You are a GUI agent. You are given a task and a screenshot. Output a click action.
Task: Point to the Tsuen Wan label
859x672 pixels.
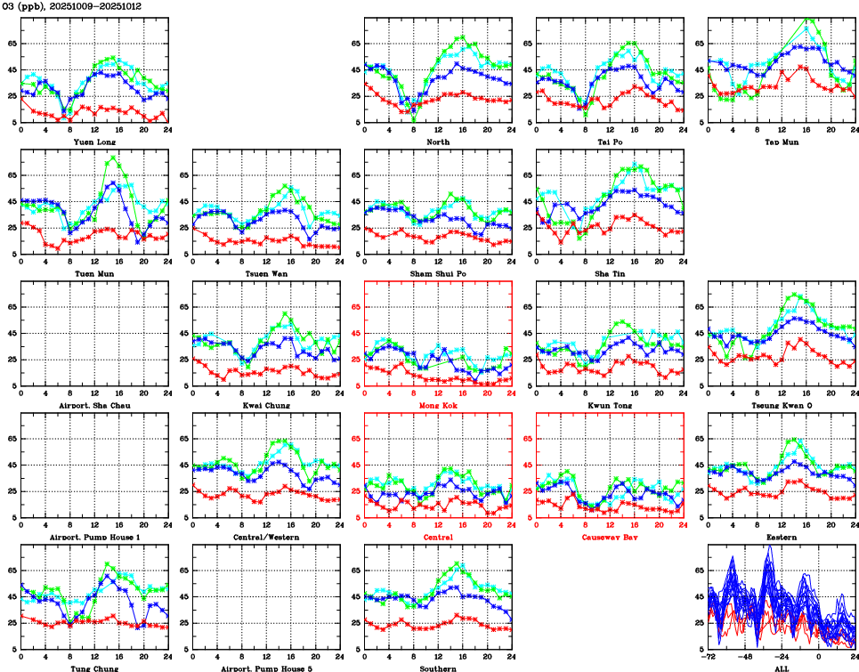click(x=266, y=273)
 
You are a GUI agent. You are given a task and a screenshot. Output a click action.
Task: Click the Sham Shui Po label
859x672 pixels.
click(x=438, y=273)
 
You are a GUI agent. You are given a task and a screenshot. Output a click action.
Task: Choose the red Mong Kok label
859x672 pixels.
click(x=438, y=405)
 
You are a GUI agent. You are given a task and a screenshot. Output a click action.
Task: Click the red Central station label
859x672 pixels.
click(x=438, y=538)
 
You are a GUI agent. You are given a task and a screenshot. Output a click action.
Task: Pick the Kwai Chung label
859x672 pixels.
click(x=266, y=405)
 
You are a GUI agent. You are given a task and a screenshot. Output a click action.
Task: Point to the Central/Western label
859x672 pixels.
click(x=266, y=538)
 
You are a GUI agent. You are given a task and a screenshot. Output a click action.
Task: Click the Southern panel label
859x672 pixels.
click(x=438, y=668)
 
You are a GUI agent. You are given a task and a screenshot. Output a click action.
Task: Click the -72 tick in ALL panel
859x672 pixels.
click(x=708, y=658)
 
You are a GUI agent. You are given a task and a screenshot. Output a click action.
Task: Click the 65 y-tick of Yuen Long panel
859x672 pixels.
click(x=12, y=43)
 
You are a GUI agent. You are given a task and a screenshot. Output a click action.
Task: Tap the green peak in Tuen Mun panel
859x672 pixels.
click(x=112, y=158)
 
